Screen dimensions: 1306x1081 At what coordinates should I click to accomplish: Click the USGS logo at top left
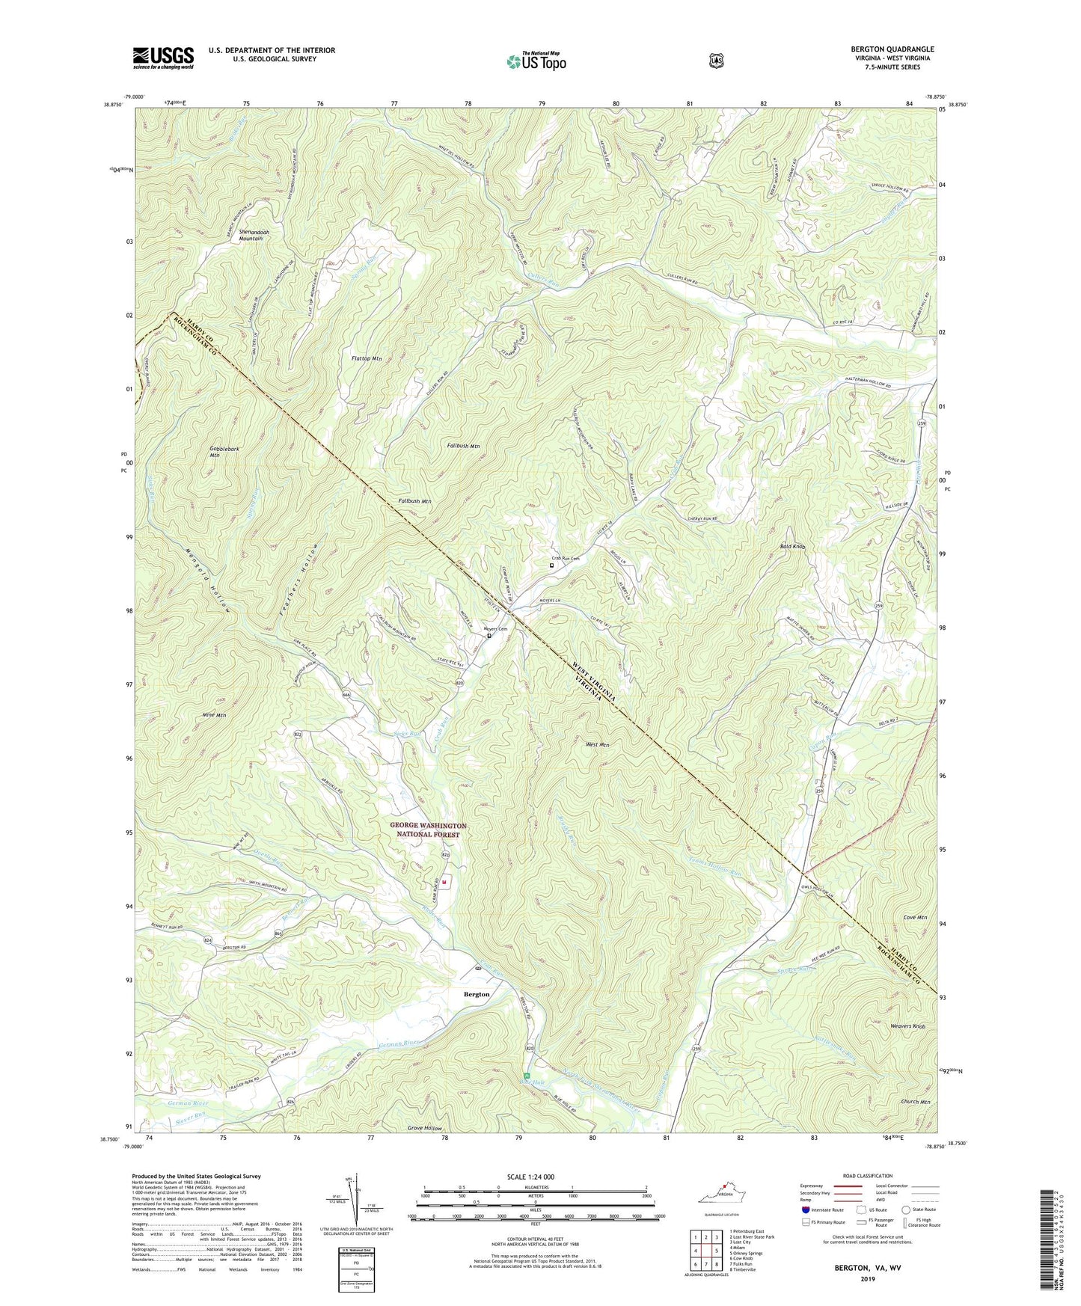pos(163,57)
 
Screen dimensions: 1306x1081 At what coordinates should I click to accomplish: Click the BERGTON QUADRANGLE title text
pos(891,49)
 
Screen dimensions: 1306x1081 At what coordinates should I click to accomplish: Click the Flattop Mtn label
pos(367,359)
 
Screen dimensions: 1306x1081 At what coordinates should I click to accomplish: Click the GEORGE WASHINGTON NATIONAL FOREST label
pos(428,830)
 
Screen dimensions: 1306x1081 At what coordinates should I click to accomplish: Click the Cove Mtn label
pos(915,917)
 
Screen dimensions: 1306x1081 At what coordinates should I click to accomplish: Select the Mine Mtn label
pos(214,715)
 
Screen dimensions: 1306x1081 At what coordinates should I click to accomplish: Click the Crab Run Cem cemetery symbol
pos(552,565)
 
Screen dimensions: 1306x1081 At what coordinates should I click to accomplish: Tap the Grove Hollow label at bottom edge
pos(425,1128)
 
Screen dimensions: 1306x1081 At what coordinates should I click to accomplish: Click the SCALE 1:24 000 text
pos(530,1177)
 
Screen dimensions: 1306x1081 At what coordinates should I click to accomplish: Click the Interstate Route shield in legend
pos(805,1210)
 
